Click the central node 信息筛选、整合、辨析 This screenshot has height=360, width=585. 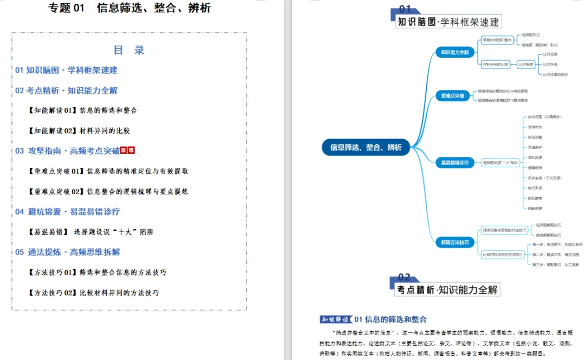point(366,147)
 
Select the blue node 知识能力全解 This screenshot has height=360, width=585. point(454,52)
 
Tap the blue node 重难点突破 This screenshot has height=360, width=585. point(452,96)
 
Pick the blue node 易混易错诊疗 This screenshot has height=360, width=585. point(454,162)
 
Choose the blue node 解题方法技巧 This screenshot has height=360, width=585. point(454,242)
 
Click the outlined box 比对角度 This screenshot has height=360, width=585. point(525,64)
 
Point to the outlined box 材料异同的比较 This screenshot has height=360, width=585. point(496,64)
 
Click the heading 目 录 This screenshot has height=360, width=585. point(129,50)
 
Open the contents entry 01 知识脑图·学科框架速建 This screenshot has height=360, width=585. point(66,70)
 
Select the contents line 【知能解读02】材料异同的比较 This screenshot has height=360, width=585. point(79,130)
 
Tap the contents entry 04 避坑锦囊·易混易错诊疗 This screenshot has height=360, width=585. point(68,212)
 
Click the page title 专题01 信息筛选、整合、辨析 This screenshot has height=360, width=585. point(129,8)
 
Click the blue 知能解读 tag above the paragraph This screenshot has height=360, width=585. point(335,319)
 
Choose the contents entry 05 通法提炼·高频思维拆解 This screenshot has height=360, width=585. point(68,252)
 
